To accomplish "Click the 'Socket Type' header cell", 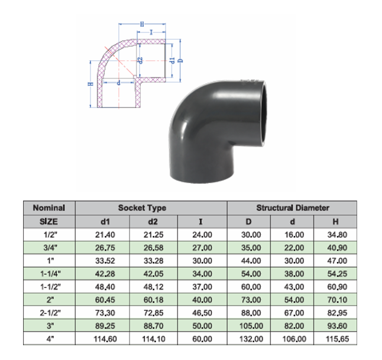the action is (x=142, y=207).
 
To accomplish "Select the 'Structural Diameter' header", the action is (x=293, y=207).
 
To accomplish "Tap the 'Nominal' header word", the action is (x=49, y=207).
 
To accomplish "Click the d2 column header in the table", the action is (x=153, y=222).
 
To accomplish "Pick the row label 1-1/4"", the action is (x=50, y=274).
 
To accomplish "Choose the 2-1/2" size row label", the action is (x=50, y=313).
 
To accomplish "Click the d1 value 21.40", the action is (x=105, y=235).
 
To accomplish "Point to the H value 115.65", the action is (x=338, y=339).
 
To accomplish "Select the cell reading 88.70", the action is (x=154, y=326).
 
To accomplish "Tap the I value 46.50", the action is (x=202, y=313).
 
